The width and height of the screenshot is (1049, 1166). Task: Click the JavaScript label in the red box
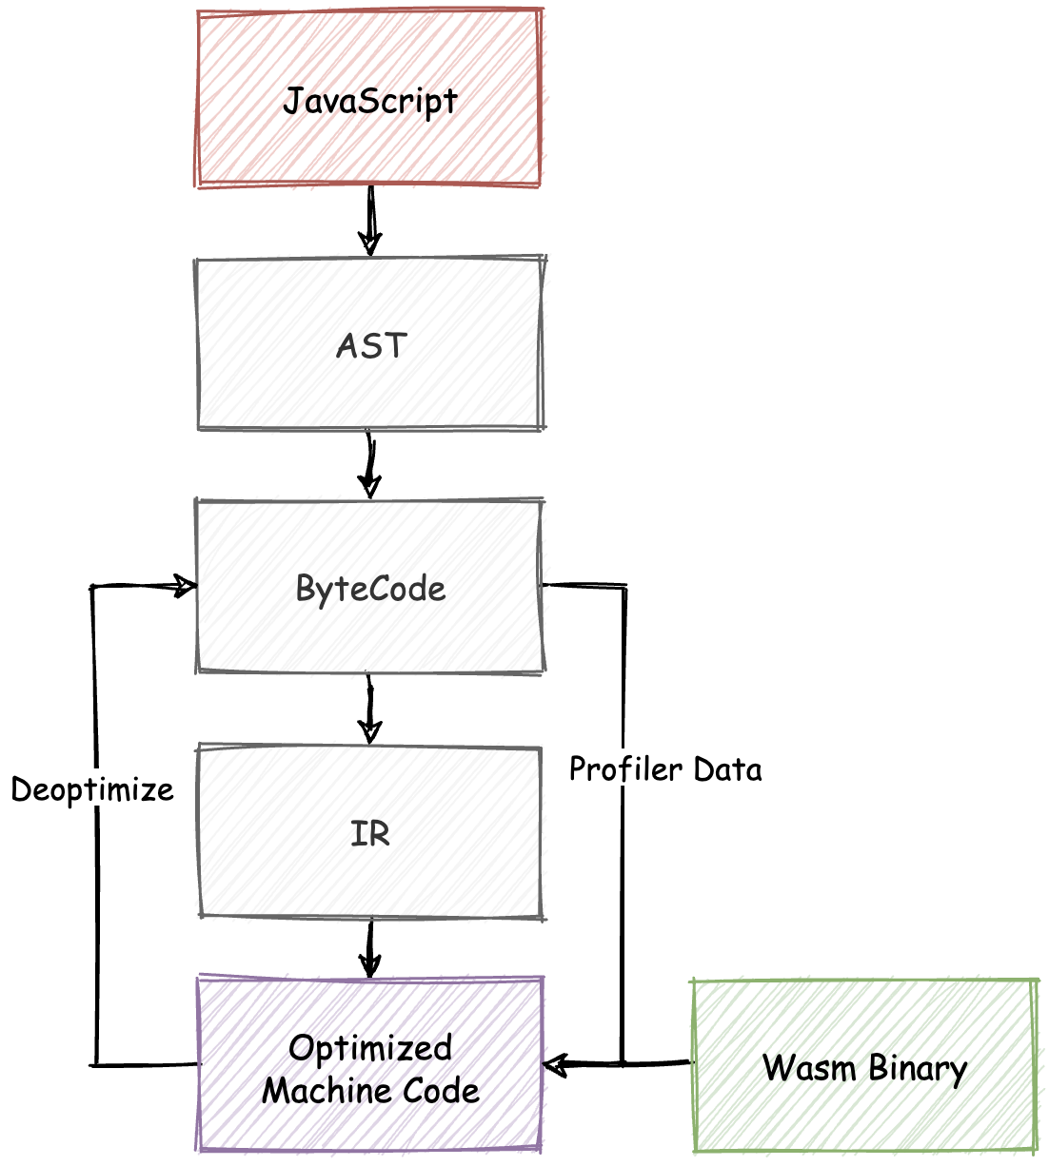click(x=370, y=101)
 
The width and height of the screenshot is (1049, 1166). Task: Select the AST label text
click(x=371, y=345)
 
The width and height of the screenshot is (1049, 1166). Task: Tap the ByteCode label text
click(x=370, y=589)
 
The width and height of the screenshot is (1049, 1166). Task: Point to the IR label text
click(x=370, y=834)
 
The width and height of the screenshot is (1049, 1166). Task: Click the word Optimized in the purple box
click(x=370, y=1048)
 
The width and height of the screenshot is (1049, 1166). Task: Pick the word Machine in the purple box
click(x=318, y=1090)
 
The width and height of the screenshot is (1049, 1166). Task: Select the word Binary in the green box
click(x=918, y=1069)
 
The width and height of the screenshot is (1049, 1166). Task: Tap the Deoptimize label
click(x=92, y=789)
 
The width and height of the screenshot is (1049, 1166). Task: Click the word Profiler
click(x=625, y=768)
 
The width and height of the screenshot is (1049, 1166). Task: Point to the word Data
click(x=727, y=768)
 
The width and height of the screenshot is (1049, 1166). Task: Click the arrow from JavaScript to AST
click(x=370, y=221)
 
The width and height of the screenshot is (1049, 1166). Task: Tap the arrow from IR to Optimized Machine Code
click(x=370, y=949)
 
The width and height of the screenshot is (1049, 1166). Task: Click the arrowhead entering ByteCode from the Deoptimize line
click(x=184, y=586)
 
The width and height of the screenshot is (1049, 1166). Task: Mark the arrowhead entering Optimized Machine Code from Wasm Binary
click(x=555, y=1063)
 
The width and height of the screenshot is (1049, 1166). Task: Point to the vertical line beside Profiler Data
click(x=623, y=904)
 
